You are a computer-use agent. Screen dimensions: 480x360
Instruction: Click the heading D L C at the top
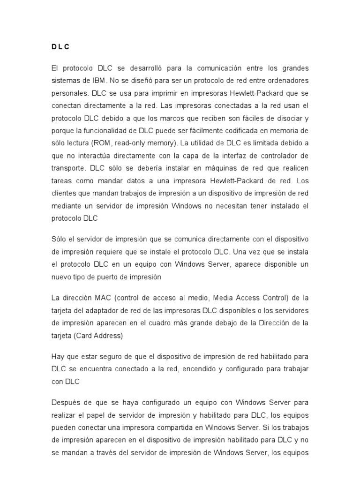60,47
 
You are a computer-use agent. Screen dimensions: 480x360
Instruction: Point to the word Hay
58,357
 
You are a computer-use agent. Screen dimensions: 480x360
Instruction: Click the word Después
67,403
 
